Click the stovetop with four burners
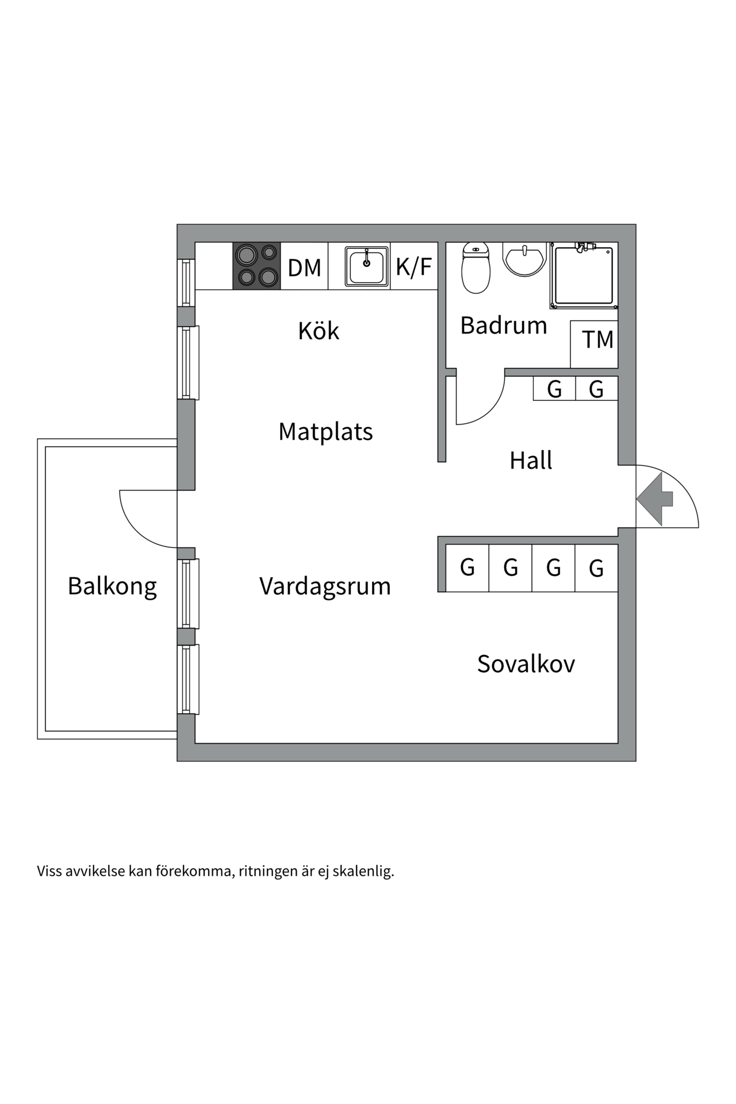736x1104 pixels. click(256, 266)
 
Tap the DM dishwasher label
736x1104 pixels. click(304, 268)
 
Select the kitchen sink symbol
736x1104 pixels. click(366, 266)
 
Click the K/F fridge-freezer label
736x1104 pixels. click(413, 267)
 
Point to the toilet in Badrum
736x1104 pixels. click(476, 269)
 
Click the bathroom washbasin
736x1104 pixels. click(524, 258)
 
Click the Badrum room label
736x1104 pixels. click(503, 325)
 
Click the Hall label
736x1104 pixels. click(530, 461)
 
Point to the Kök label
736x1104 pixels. click(319, 331)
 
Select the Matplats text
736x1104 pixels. click(325, 431)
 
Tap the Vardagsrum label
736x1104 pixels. click(325, 586)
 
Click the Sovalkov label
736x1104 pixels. click(526, 664)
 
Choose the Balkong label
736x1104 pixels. click(112, 586)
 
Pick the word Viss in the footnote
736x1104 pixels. click(49, 871)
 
